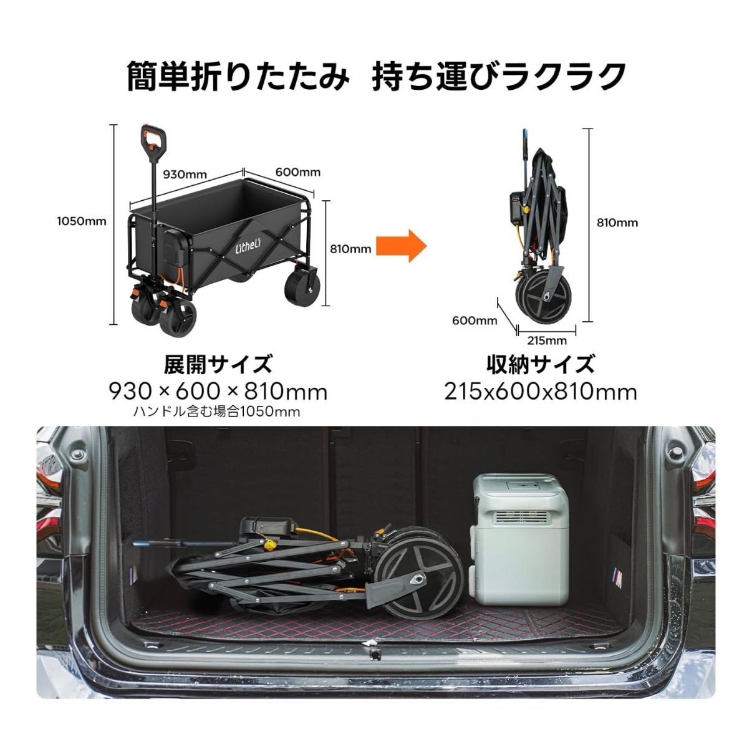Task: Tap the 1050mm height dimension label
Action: pyautogui.click(x=82, y=221)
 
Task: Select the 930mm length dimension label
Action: pyautogui.click(x=185, y=174)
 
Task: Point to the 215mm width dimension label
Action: pyautogui.click(x=547, y=340)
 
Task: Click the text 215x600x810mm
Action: pyautogui.click(x=541, y=392)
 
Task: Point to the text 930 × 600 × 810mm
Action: pyautogui.click(x=218, y=392)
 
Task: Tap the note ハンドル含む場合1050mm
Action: pyautogui.click(x=217, y=412)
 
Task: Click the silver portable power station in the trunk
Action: pyautogui.click(x=519, y=545)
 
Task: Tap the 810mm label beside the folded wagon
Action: pyautogui.click(x=617, y=223)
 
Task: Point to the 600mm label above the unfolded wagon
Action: pyautogui.click(x=298, y=172)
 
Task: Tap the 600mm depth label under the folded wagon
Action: pyautogui.click(x=475, y=321)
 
